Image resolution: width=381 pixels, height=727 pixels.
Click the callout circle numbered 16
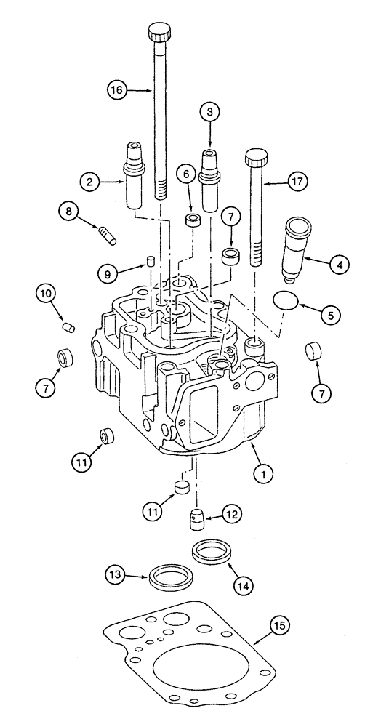tap(116, 90)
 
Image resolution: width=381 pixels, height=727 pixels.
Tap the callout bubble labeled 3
tap(210, 113)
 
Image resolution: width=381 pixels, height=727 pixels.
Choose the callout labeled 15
tap(281, 624)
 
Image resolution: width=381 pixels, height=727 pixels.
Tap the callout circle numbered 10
tap(47, 294)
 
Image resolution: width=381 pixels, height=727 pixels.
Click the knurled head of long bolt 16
tap(159, 33)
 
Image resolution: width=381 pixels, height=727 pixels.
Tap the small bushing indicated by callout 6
tap(192, 222)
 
